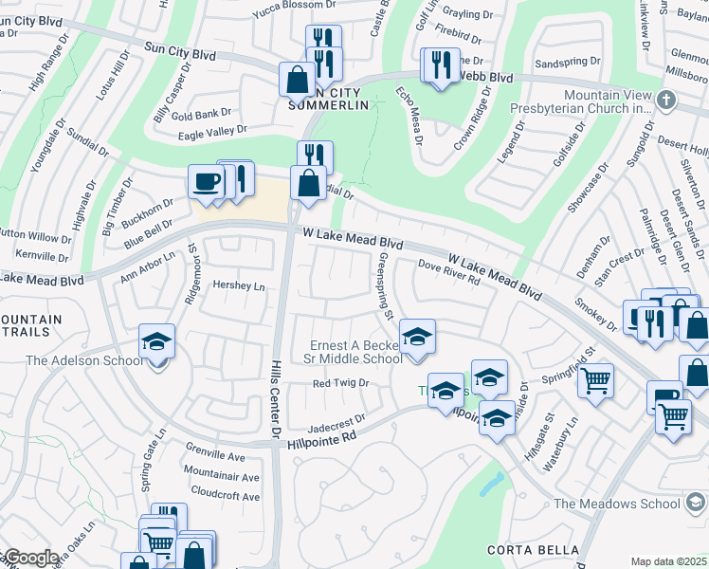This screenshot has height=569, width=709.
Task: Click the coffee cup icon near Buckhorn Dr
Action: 204,181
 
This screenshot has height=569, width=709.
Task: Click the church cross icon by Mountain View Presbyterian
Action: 666,100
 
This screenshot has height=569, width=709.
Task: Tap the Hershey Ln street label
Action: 238,286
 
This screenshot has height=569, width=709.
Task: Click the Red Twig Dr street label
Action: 340,383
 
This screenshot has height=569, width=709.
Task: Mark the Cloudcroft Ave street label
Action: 225,496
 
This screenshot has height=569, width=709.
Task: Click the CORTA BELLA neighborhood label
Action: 533,550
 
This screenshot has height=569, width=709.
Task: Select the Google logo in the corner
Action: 31,558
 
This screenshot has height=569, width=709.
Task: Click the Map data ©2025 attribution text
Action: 667,561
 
